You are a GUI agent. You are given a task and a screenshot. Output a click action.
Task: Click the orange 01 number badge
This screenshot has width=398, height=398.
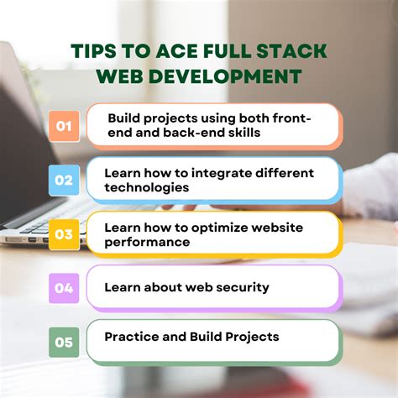tap(63, 126)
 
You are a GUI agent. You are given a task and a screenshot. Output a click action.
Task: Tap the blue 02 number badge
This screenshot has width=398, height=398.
tap(63, 180)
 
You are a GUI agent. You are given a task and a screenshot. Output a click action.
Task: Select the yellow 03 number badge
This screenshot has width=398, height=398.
tap(63, 234)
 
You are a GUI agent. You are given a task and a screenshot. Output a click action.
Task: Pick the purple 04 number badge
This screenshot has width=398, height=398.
tap(63, 288)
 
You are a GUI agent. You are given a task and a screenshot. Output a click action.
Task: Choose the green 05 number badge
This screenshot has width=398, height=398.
tap(63, 342)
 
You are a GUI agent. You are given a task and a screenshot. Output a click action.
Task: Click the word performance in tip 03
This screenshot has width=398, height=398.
tap(147, 242)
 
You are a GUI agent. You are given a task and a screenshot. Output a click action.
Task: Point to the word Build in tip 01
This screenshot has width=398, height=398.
tap(125, 118)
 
